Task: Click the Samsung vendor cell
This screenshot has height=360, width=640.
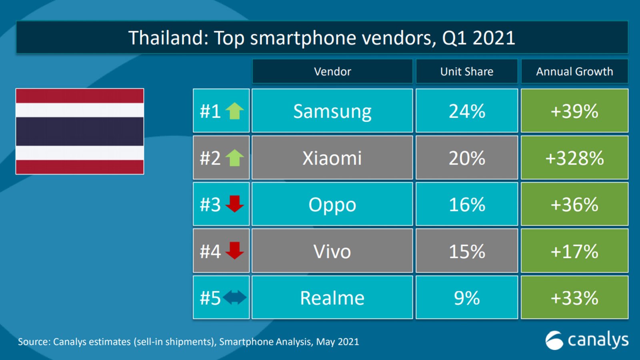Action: pyautogui.click(x=332, y=111)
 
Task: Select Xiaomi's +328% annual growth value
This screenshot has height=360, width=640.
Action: pyautogui.click(x=574, y=158)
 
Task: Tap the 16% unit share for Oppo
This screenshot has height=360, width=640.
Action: pyautogui.click(x=467, y=204)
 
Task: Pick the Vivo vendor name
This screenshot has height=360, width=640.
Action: pyautogui.click(x=332, y=251)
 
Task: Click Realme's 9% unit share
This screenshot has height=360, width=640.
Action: pyautogui.click(x=467, y=298)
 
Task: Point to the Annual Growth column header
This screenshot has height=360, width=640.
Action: pyautogui.click(x=574, y=72)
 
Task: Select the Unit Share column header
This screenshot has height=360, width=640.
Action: pyautogui.click(x=467, y=72)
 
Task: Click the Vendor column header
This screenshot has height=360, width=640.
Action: pyautogui.click(x=332, y=72)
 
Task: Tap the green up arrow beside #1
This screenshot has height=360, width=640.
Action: pyautogui.click(x=235, y=111)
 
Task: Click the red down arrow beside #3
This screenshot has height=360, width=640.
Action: pyautogui.click(x=235, y=204)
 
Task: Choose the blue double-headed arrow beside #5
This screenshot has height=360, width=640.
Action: pyautogui.click(x=235, y=298)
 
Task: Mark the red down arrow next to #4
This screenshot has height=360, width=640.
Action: pyautogui.click(x=235, y=250)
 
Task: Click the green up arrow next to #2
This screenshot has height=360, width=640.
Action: pyautogui.click(x=235, y=158)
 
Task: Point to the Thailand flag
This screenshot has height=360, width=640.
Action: pyautogui.click(x=80, y=131)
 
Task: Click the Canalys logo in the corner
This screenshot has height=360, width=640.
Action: pyautogui.click(x=586, y=340)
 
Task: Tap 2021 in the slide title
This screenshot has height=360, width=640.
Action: pyautogui.click(x=494, y=38)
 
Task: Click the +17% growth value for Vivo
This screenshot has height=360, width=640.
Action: pyautogui.click(x=574, y=251)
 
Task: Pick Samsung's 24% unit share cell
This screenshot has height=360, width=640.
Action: pyautogui.click(x=467, y=111)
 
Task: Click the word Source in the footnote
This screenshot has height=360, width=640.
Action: pyautogui.click(x=34, y=342)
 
